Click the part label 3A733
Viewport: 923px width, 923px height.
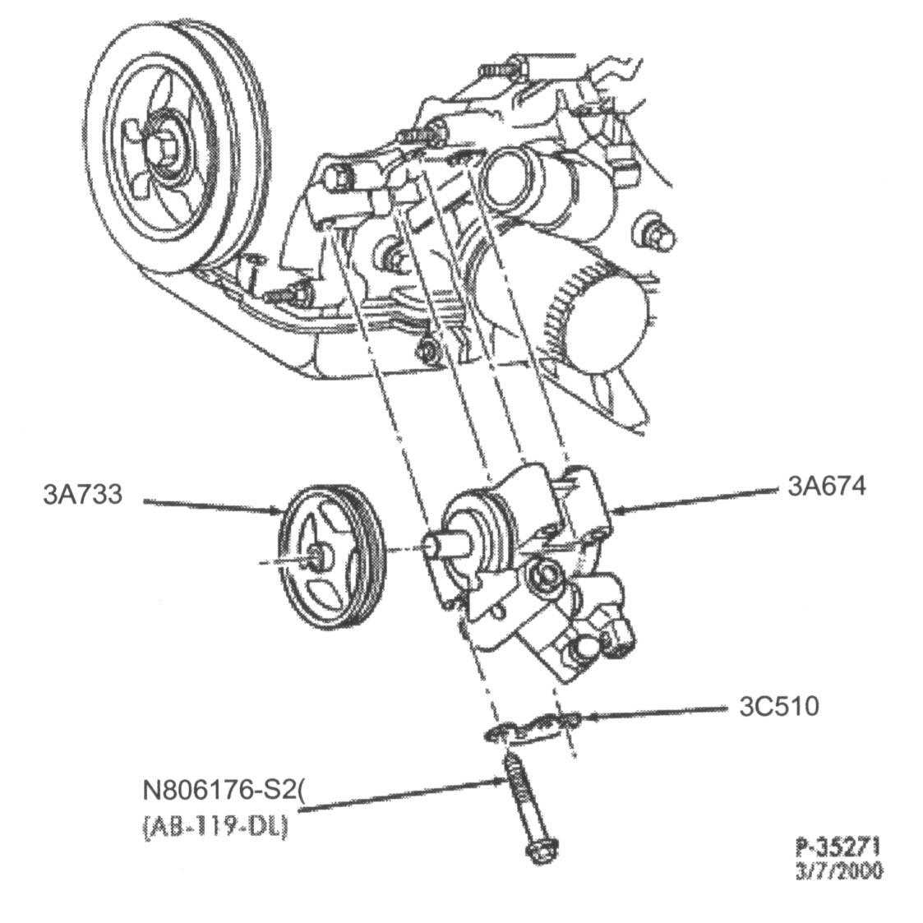(82, 495)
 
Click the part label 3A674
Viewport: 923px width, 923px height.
(826, 487)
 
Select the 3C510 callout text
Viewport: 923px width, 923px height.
(778, 706)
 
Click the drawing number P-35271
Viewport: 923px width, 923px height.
(838, 847)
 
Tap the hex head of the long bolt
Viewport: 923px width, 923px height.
(539, 851)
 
